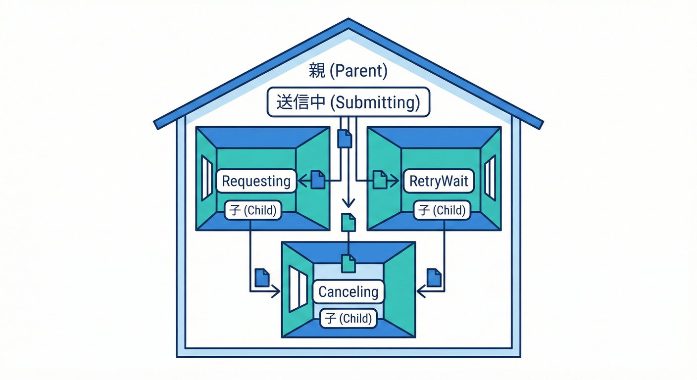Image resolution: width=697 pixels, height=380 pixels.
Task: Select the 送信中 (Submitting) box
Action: (x=348, y=102)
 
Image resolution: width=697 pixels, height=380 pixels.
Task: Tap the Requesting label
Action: (x=256, y=181)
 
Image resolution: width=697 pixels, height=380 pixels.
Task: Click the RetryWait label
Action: (x=439, y=181)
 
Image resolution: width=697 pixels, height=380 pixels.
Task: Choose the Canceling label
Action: (x=348, y=291)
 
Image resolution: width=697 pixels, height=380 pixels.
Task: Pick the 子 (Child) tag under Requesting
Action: (x=252, y=210)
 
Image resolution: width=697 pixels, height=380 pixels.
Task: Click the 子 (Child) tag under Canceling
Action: (x=348, y=318)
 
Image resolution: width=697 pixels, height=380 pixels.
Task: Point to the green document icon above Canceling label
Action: (x=348, y=263)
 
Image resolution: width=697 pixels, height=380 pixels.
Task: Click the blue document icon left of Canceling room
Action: (x=261, y=277)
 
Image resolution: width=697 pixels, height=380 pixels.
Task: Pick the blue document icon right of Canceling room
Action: (x=434, y=277)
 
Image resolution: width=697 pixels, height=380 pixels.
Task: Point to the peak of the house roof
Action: (x=348, y=21)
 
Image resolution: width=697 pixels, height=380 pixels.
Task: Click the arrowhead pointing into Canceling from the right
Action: (x=420, y=292)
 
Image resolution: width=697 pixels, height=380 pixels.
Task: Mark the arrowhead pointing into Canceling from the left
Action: (x=276, y=292)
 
